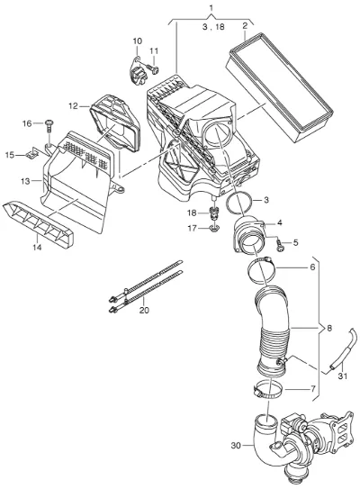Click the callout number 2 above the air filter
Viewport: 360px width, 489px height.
point(245,26)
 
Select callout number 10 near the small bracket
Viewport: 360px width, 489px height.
point(138,41)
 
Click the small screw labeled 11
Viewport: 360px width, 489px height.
point(153,68)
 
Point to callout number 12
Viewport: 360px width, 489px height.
point(73,106)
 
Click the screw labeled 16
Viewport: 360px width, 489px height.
point(49,126)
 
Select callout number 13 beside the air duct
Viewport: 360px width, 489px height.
point(25,181)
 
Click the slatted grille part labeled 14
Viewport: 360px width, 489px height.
point(38,224)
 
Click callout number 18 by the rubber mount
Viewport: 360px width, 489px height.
point(192,213)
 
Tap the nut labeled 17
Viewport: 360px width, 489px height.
point(214,229)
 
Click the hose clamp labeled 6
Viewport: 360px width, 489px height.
point(261,270)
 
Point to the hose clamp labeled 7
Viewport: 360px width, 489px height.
point(267,391)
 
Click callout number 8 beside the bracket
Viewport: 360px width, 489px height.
point(329,328)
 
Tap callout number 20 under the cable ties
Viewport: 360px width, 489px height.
point(145,310)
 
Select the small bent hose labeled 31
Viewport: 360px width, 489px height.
point(342,350)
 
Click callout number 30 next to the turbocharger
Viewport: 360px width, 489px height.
point(236,446)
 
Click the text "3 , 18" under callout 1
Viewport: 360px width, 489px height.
point(213,27)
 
